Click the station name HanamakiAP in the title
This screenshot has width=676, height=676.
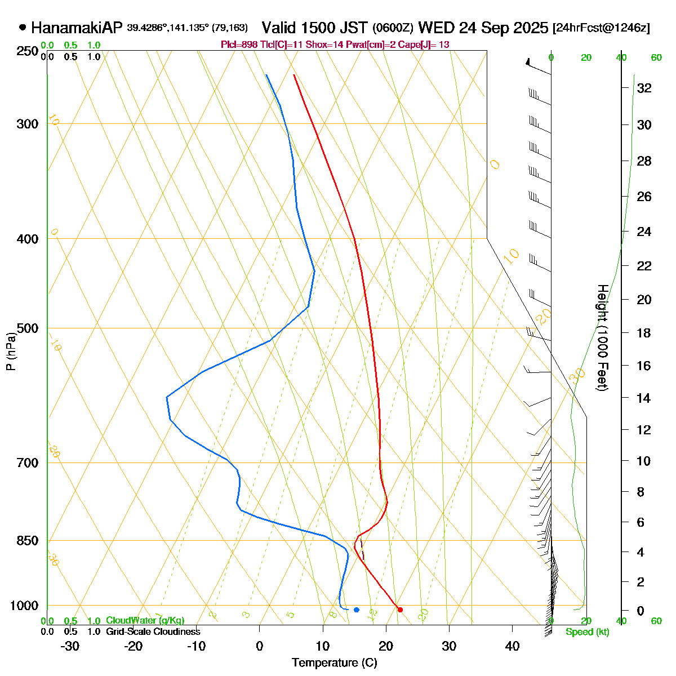(77, 28)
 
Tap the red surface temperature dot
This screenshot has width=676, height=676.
(400, 610)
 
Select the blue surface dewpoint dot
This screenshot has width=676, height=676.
(356, 610)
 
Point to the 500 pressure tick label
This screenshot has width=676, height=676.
(29, 328)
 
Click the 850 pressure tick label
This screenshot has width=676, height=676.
(29, 541)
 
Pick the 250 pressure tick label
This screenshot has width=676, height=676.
(29, 51)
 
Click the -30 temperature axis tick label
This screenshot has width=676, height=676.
(70, 646)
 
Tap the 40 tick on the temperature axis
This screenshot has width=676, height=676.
(512, 646)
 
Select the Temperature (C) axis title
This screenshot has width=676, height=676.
(335, 662)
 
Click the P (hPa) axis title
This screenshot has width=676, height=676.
(11, 352)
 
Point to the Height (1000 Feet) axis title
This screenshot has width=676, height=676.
(602, 338)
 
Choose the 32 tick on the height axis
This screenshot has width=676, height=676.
(644, 88)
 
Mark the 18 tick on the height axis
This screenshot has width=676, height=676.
(644, 333)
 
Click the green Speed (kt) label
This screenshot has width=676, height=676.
(588, 632)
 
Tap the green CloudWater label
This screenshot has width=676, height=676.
(145, 621)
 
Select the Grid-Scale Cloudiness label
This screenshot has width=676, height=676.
(153, 632)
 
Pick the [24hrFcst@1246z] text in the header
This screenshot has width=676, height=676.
(601, 28)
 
